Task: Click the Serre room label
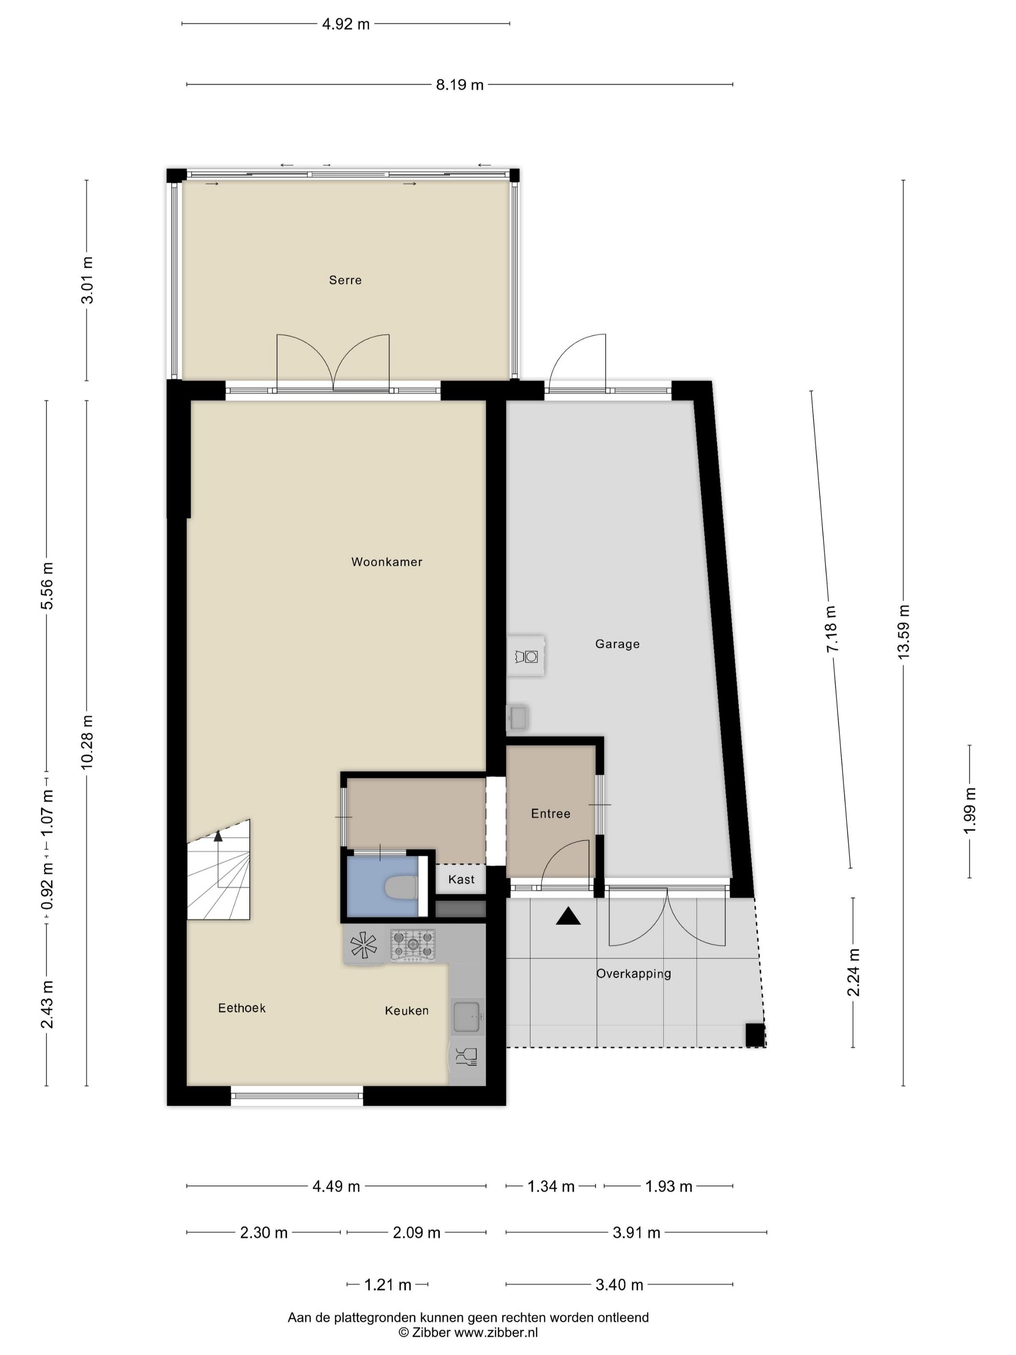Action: (345, 280)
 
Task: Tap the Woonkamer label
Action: (387, 562)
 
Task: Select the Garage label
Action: (617, 644)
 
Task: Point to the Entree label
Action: (551, 813)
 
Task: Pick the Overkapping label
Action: (634, 973)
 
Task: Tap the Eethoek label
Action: (242, 1008)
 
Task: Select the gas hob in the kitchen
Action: (413, 945)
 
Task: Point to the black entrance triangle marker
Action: (568, 917)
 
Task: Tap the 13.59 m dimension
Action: (904, 632)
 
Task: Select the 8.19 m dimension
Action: (459, 85)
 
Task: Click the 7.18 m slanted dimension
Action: (832, 629)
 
